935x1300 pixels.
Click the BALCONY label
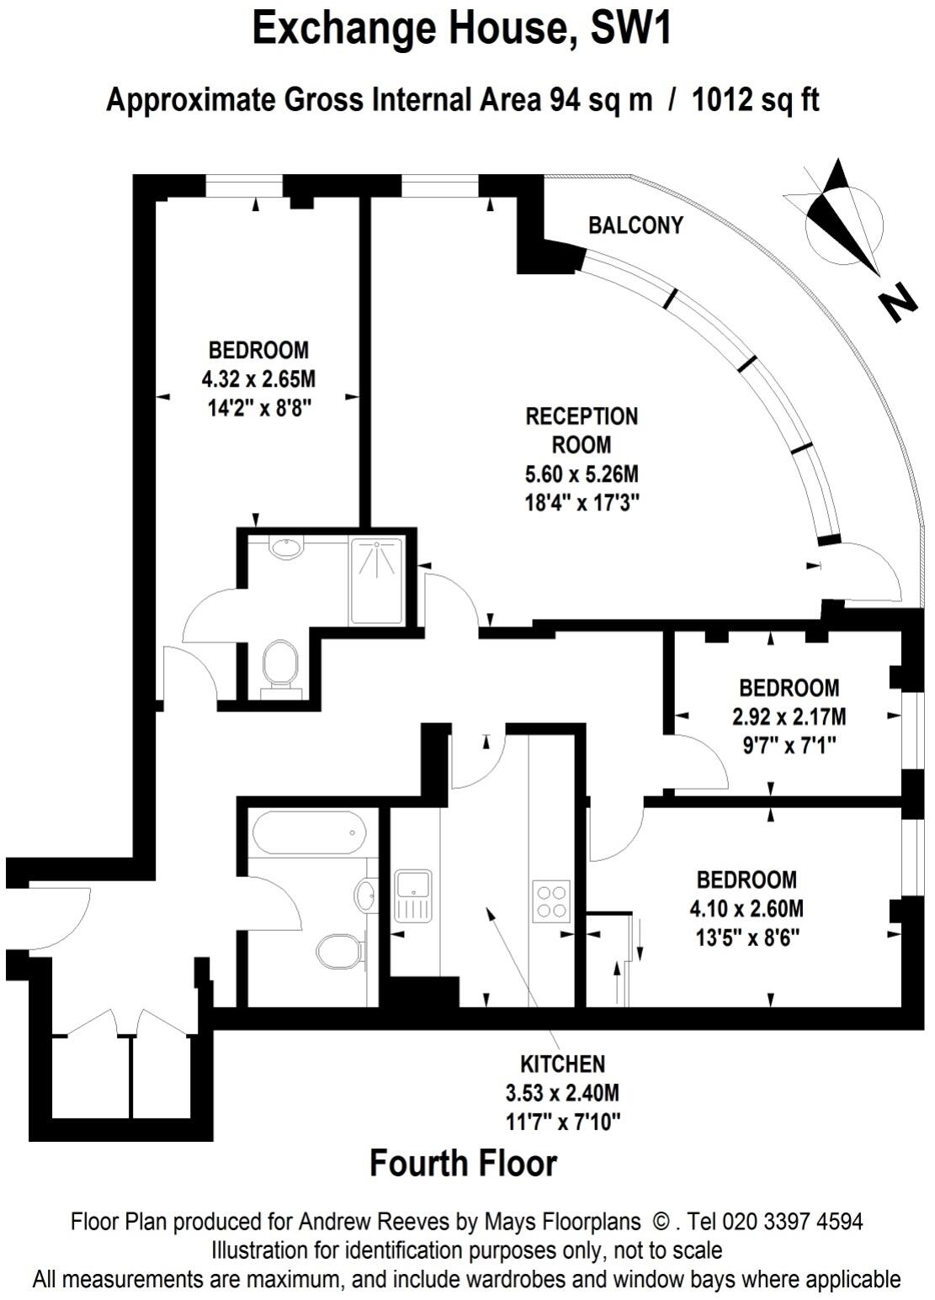click(x=635, y=225)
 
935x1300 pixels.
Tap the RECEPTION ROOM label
click(x=582, y=430)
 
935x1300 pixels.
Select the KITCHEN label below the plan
click(x=562, y=1064)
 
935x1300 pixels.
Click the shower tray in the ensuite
click(x=377, y=581)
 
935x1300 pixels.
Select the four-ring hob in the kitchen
click(x=551, y=901)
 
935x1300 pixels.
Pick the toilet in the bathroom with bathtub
click(x=338, y=952)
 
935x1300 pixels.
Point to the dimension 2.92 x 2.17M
click(x=789, y=717)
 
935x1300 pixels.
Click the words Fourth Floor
click(x=464, y=1164)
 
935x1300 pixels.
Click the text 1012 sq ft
click(x=756, y=101)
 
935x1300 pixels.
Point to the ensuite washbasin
click(x=287, y=548)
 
